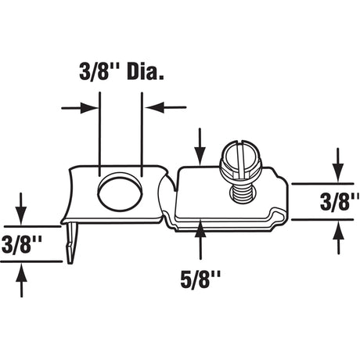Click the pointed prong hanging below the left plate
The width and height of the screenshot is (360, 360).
pos(73,243)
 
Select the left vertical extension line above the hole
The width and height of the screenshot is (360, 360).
pos(100,133)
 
